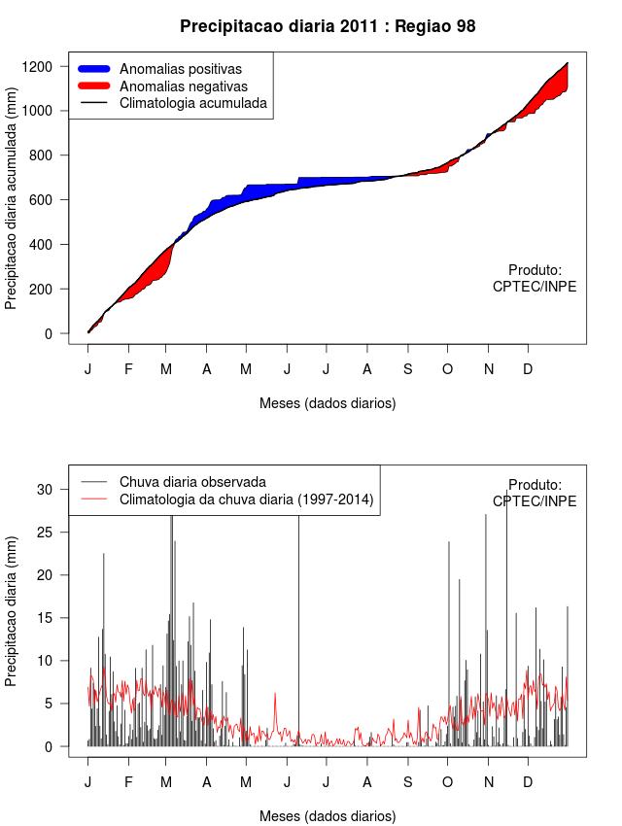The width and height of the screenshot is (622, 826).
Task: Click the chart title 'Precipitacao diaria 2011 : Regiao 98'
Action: (x=328, y=26)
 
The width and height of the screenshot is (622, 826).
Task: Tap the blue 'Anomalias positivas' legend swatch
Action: (x=96, y=69)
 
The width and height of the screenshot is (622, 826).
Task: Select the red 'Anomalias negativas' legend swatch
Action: (x=96, y=86)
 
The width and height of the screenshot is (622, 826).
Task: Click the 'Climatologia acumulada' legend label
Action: (x=192, y=102)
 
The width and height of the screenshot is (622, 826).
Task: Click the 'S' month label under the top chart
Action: (x=407, y=369)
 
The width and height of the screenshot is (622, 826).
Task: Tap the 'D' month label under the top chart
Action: (x=528, y=369)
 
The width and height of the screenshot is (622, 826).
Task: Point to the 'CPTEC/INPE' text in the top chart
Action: (x=535, y=287)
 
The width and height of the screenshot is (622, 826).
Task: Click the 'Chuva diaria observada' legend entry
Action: (x=192, y=482)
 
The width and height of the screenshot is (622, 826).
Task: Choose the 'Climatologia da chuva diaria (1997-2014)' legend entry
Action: (x=246, y=500)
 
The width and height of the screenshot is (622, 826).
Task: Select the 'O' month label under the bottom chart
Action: (x=447, y=781)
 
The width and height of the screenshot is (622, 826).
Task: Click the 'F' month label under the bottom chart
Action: (x=127, y=781)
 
